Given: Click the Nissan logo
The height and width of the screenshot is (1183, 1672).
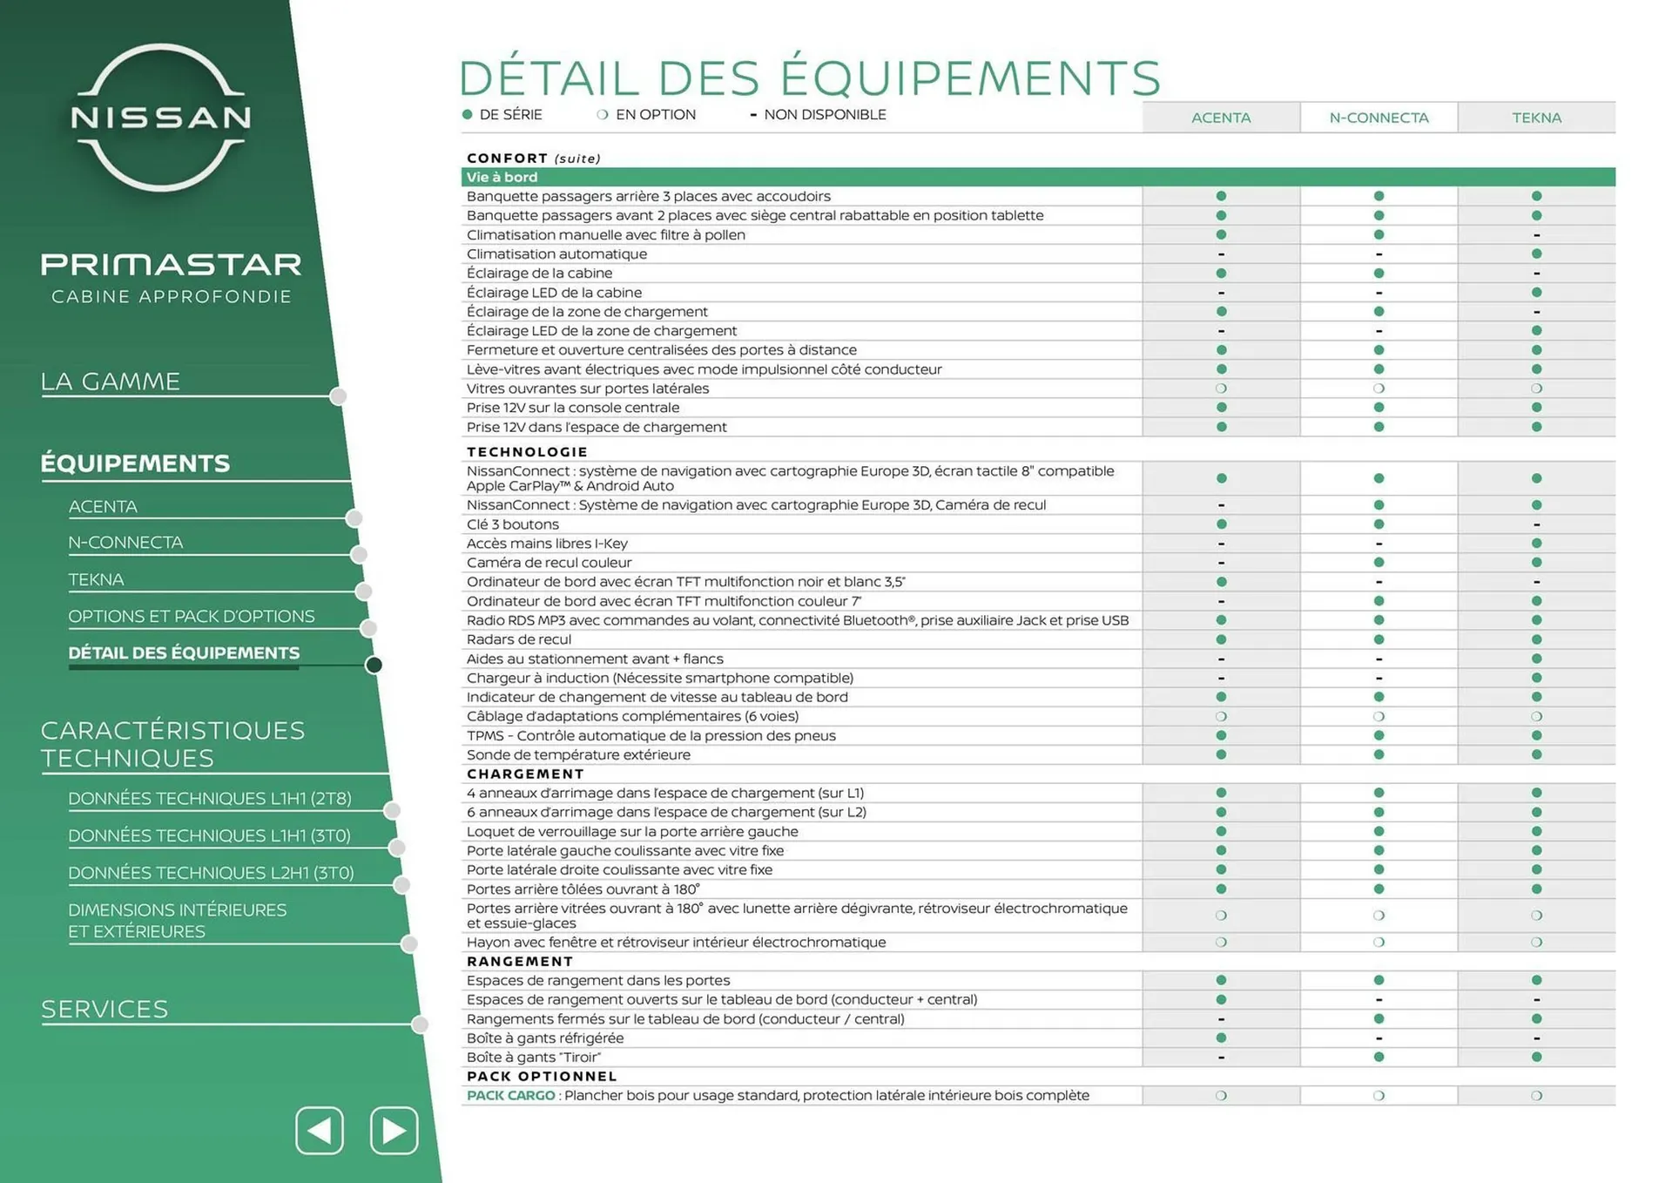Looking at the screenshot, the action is (x=161, y=117).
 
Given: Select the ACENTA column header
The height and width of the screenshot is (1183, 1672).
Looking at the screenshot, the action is (x=1221, y=118).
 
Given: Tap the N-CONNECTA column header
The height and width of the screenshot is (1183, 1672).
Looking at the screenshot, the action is (x=1379, y=118).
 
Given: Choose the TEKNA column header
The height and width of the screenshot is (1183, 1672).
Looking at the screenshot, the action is (x=1536, y=118).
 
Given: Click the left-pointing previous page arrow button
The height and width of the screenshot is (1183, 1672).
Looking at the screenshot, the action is (x=320, y=1131).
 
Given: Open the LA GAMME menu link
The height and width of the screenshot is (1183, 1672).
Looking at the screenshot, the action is (x=111, y=382).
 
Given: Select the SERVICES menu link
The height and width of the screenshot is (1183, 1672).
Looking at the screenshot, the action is (x=104, y=1009).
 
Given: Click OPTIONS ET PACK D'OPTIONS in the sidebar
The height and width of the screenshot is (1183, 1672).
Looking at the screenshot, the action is (x=192, y=616).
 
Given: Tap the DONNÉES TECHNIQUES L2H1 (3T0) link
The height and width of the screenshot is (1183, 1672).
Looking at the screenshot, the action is (x=211, y=872).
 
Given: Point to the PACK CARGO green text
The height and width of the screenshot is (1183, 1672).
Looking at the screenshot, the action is (x=510, y=1095).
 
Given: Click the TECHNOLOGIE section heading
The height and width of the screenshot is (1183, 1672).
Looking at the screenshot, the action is (x=527, y=451).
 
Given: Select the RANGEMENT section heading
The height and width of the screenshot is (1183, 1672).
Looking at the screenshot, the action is (x=520, y=961).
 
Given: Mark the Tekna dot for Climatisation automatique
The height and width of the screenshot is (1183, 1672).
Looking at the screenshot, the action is (x=1536, y=253).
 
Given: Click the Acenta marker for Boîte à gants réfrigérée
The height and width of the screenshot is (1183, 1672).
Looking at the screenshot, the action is (x=1221, y=1038).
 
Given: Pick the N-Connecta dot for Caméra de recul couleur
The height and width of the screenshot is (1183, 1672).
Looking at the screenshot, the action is (x=1379, y=563).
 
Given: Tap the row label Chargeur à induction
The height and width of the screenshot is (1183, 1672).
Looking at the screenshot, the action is (x=659, y=678).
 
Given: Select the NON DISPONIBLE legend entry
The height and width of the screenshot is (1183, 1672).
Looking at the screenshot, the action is (x=824, y=114).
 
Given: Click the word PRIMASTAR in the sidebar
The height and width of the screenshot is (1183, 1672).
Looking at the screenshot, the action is (x=171, y=264).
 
